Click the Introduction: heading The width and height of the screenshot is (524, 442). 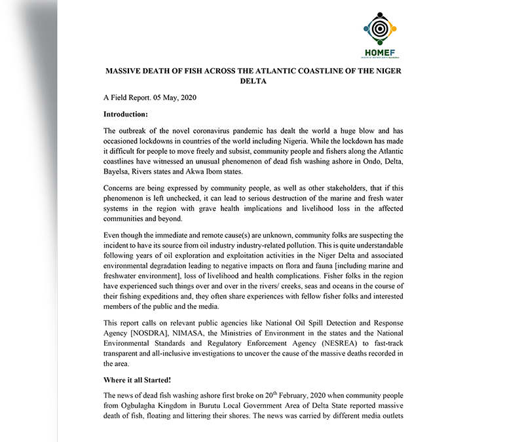131,114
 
